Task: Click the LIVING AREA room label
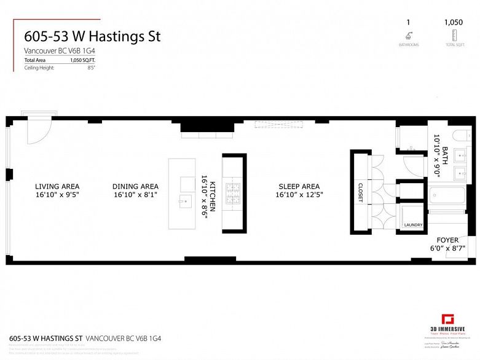point(57,186)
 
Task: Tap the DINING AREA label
point(135,186)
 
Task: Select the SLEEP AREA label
point(299,186)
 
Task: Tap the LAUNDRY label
point(413,225)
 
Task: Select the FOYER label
point(447,240)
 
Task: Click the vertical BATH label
point(437,147)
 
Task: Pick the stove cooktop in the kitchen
point(234,193)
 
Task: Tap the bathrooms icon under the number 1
point(408,36)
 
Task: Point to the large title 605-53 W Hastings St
point(92,36)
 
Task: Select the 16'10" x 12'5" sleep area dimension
point(299,195)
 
